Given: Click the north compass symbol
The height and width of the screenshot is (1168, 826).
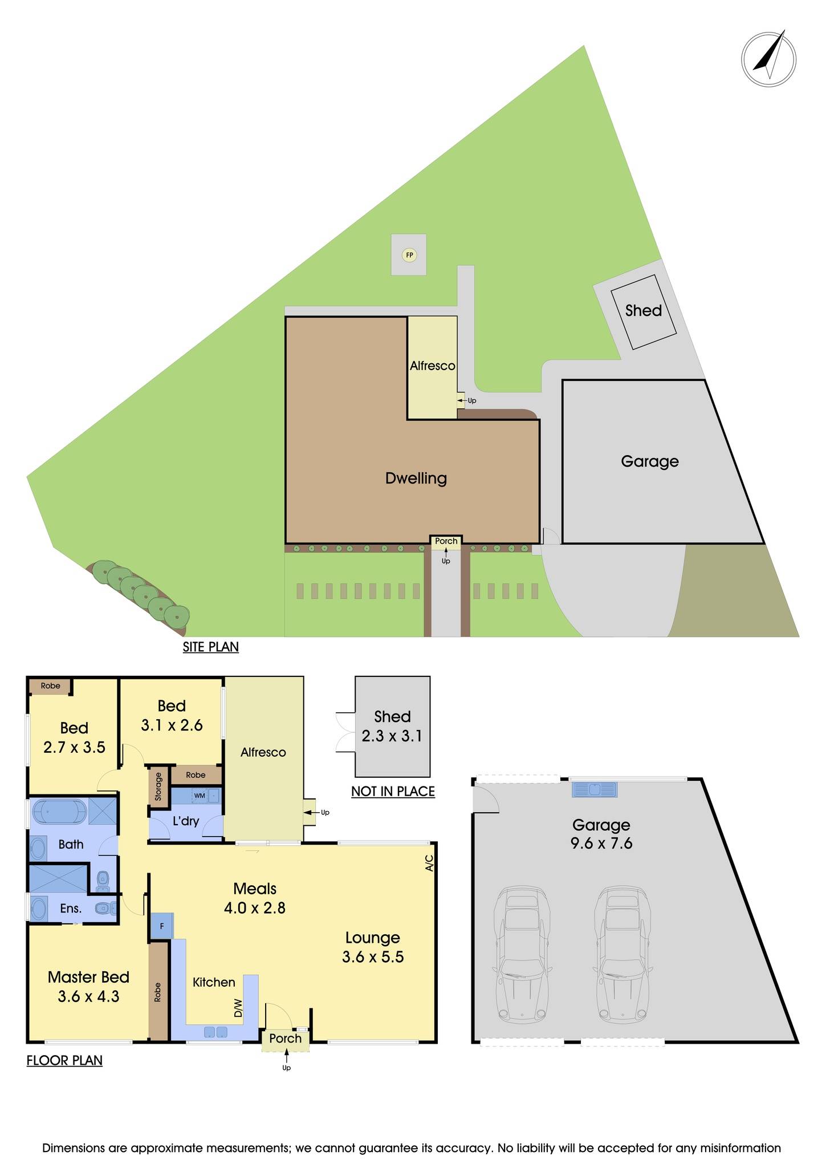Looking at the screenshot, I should [x=768, y=59].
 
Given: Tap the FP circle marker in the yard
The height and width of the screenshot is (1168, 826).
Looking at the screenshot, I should [x=409, y=254].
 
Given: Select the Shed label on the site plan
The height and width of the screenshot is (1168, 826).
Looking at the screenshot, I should [x=643, y=311].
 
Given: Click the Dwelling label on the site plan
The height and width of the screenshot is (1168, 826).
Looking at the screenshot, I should [x=416, y=478].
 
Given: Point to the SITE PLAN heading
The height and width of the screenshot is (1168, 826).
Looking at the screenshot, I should [x=210, y=647].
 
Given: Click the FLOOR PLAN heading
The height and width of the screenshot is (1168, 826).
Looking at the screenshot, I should [x=64, y=1060].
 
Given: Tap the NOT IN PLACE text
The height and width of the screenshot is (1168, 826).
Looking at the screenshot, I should [x=393, y=791].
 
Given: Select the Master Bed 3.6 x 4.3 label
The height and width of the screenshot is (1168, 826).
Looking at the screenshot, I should [x=88, y=987].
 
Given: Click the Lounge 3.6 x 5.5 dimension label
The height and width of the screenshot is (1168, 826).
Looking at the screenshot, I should [x=373, y=947].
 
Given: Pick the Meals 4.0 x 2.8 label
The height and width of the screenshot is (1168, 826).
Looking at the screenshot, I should [x=255, y=898].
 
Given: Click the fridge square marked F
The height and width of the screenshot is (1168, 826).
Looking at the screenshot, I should [x=161, y=927].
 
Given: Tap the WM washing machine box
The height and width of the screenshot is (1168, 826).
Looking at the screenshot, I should [x=200, y=796].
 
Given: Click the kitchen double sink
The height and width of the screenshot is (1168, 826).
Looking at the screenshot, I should [x=215, y=1031].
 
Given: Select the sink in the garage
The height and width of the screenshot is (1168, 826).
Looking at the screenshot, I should [x=595, y=789].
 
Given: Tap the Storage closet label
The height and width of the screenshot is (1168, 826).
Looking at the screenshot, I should [x=158, y=785].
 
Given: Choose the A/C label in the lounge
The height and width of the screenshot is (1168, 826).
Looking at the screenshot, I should [x=429, y=862].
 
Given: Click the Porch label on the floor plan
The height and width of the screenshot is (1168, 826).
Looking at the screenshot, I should [x=285, y=1038].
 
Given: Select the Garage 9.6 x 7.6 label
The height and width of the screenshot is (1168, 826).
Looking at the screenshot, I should [x=601, y=834].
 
